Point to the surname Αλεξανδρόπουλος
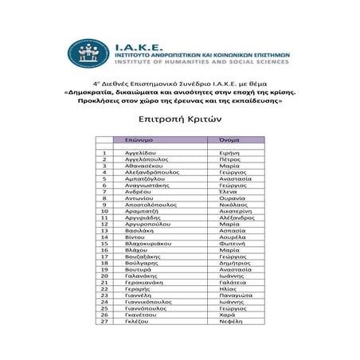[x=147, y=172]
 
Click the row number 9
[x=104, y=205]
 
